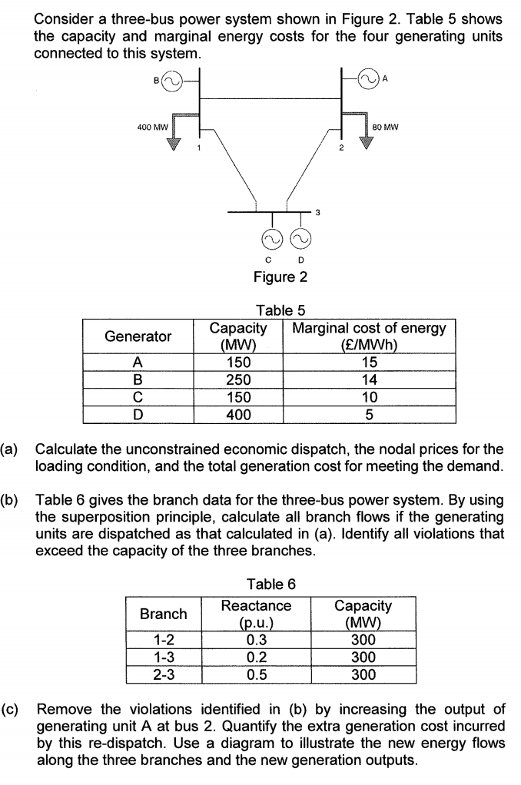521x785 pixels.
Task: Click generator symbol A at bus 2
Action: click(370, 78)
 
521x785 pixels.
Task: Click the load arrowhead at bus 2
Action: click(368, 142)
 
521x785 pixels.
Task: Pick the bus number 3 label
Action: click(317, 211)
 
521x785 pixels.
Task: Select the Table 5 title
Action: click(280, 311)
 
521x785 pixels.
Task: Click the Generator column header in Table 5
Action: click(138, 336)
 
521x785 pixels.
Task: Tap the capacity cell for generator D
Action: click(239, 415)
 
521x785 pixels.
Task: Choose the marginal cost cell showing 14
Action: click(370, 379)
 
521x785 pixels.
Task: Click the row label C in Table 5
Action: click(138, 397)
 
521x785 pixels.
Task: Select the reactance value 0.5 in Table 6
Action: click(256, 674)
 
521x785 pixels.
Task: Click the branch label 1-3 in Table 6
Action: click(163, 657)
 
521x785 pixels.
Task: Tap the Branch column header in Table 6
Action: click(163, 614)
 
